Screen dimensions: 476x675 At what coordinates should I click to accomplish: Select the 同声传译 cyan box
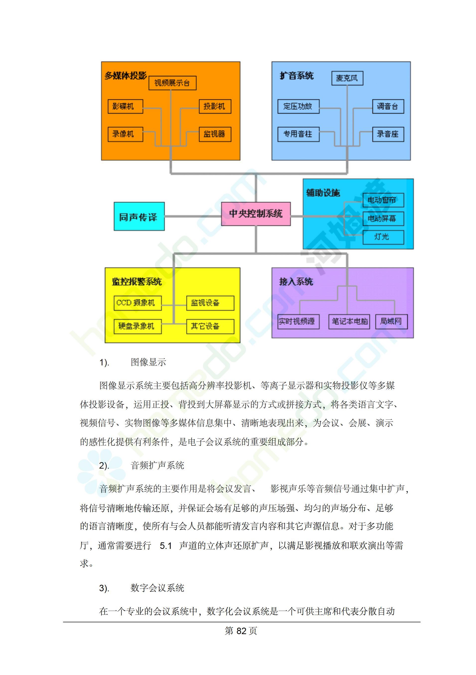click(139, 216)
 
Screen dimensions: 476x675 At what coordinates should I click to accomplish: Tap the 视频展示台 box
click(172, 83)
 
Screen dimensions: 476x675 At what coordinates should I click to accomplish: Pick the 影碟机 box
click(125, 106)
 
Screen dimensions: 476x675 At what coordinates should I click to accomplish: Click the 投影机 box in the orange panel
click(215, 106)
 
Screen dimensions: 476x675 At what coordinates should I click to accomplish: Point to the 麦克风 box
click(347, 78)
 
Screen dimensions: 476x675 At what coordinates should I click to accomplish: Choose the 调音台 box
click(388, 106)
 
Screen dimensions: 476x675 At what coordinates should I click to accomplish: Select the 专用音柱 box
click(298, 134)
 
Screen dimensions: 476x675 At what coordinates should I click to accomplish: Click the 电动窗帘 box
click(383, 200)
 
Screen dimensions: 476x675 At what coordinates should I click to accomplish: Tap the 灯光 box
click(383, 237)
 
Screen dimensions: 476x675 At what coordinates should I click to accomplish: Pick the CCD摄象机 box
click(138, 303)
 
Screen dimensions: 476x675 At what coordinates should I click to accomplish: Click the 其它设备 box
click(210, 326)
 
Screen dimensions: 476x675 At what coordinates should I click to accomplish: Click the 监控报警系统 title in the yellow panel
click(137, 282)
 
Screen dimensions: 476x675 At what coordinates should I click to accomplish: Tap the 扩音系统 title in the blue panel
click(297, 76)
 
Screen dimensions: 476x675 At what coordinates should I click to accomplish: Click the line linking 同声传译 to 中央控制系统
click(193, 216)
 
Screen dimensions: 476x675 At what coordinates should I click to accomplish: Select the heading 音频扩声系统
click(157, 465)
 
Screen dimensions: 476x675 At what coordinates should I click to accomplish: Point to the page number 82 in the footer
click(241, 631)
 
